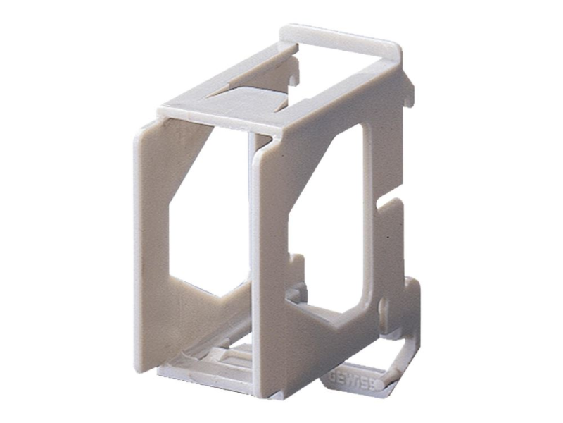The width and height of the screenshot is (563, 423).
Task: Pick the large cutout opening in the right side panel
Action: click(x=331, y=211)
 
